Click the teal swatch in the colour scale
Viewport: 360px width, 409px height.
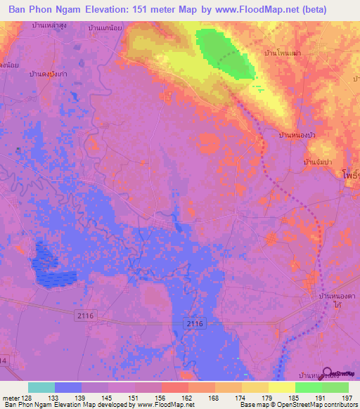coord(41,387)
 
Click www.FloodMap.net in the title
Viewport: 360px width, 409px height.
coord(276,11)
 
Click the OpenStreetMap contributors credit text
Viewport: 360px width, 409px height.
coord(307,405)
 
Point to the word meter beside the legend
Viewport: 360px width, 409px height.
coord(11,396)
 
